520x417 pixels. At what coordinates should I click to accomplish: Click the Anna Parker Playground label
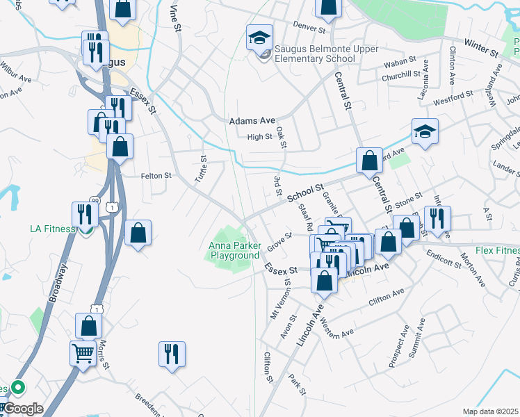click(234, 250)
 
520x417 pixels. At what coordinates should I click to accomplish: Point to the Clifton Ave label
click(386, 300)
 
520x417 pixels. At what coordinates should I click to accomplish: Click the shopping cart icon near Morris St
click(83, 352)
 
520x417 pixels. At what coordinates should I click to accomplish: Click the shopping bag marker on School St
click(369, 161)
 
